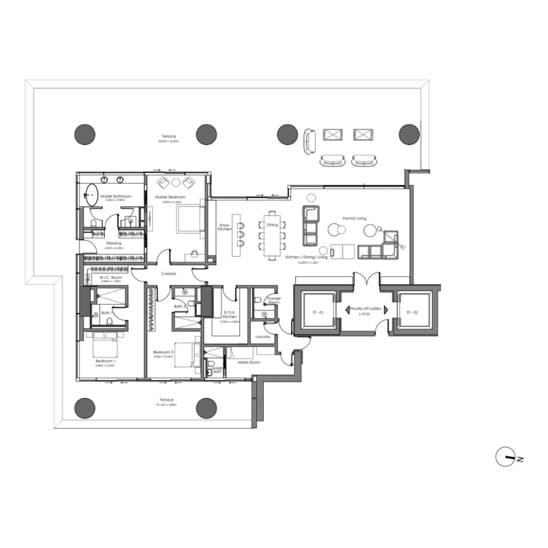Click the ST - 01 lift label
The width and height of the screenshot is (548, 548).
click(x=316, y=312)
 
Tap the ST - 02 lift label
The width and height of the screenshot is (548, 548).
click(x=412, y=312)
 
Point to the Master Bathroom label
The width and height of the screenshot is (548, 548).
click(x=114, y=197)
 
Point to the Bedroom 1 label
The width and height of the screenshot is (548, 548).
click(x=105, y=360)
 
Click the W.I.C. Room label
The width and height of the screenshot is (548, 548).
click(x=110, y=277)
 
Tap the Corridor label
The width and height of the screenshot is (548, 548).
click(x=169, y=274)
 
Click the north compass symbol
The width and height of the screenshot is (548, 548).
click(x=508, y=458)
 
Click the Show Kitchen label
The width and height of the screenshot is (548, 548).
click(x=224, y=227)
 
